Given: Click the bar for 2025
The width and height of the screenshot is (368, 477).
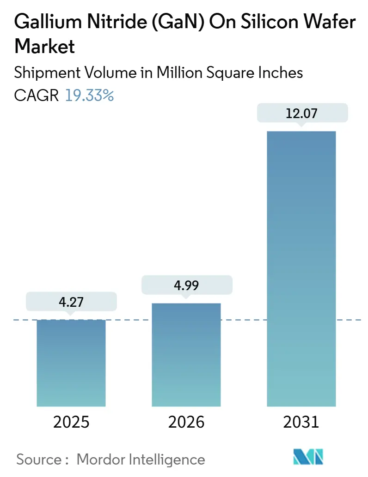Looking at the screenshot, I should tap(71, 363).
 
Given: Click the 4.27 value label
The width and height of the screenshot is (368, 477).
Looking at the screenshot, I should tap(71, 301).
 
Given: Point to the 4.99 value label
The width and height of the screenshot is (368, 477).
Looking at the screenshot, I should tap(186, 285).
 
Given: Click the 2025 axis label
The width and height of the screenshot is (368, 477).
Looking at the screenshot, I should tap(71, 422).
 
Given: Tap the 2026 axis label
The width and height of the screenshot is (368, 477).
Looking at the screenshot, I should tap(186, 422).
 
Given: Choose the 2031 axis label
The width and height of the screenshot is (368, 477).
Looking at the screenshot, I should tap(301, 422).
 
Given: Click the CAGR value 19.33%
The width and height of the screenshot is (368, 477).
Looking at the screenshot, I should tap(89, 95).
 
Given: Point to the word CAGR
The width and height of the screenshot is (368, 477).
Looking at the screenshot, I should tap(37, 95).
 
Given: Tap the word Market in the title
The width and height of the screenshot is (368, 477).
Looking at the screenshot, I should tap(45, 47).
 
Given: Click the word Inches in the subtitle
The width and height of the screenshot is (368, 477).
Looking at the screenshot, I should tap(281, 73).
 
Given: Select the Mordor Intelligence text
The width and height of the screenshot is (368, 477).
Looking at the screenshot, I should tap(141, 459).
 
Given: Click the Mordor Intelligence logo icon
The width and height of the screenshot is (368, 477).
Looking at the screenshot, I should tap(308, 457).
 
